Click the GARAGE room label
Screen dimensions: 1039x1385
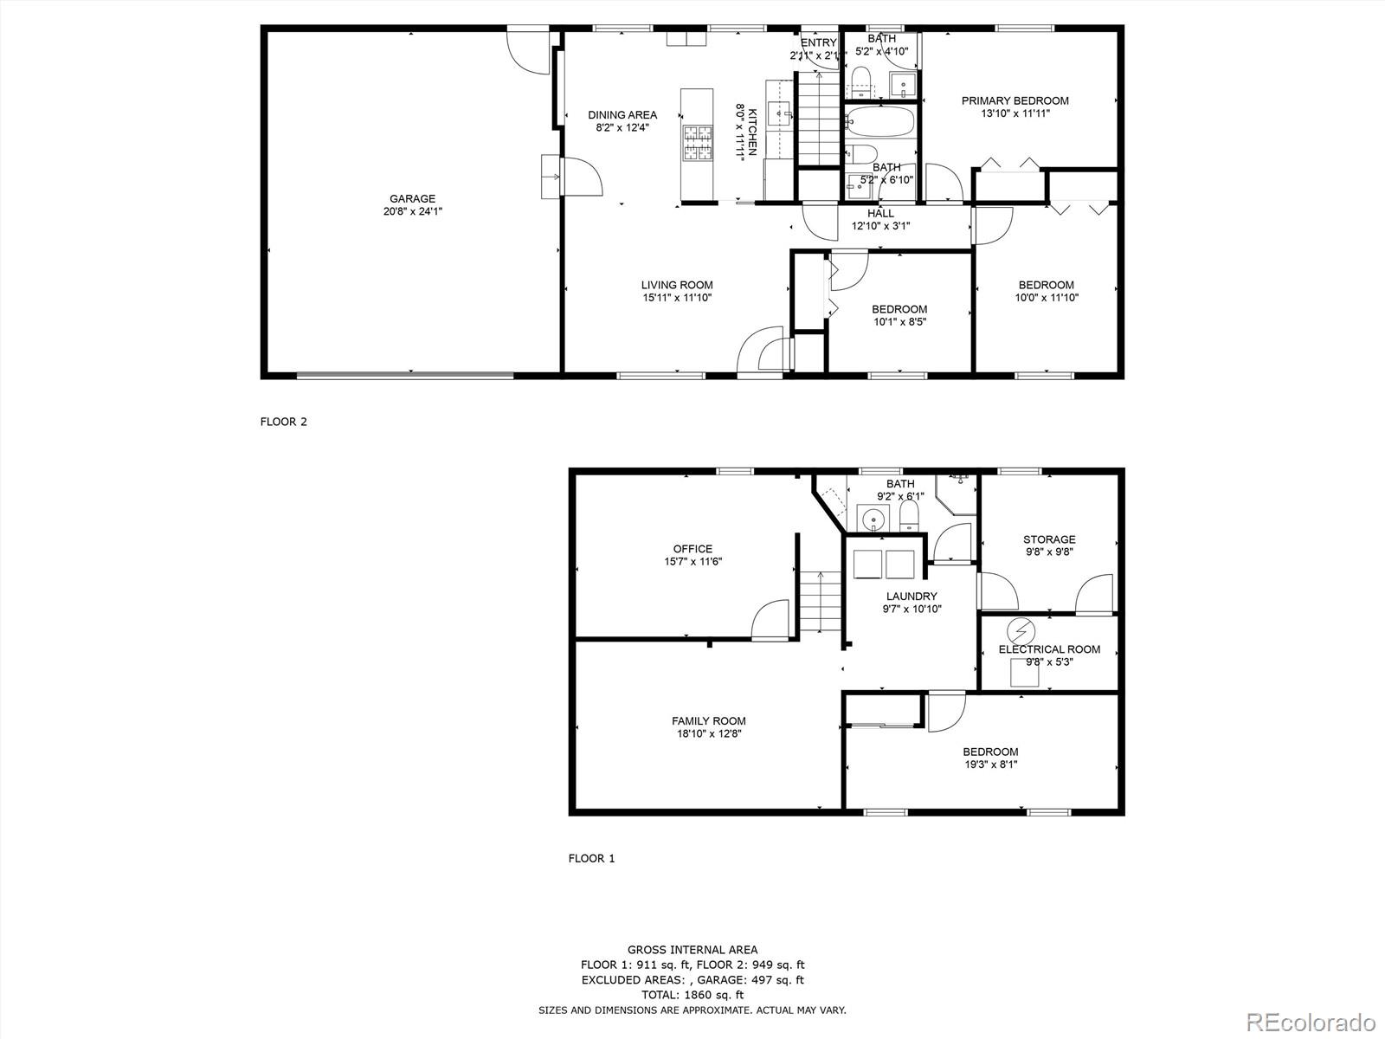pos(412,198)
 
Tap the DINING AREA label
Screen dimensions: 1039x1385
pos(622,114)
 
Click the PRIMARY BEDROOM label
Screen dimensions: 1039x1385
pos(1015,100)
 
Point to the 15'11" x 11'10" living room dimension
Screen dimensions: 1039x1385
pos(677,298)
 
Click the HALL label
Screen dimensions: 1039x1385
pos(880,213)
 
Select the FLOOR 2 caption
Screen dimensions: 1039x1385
pos(283,423)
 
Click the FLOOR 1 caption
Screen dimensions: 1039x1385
pos(591,859)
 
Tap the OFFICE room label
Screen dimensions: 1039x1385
pos(692,548)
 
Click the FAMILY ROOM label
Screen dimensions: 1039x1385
pos(708,720)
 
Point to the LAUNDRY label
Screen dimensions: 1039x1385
pos(911,596)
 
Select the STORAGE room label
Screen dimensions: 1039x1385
pos(1049,539)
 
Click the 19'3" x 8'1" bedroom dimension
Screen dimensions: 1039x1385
pos(991,765)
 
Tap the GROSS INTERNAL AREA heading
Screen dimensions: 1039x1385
pos(692,950)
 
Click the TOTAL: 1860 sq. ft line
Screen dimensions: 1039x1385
pos(692,995)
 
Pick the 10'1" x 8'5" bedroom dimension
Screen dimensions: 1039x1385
pos(899,322)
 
